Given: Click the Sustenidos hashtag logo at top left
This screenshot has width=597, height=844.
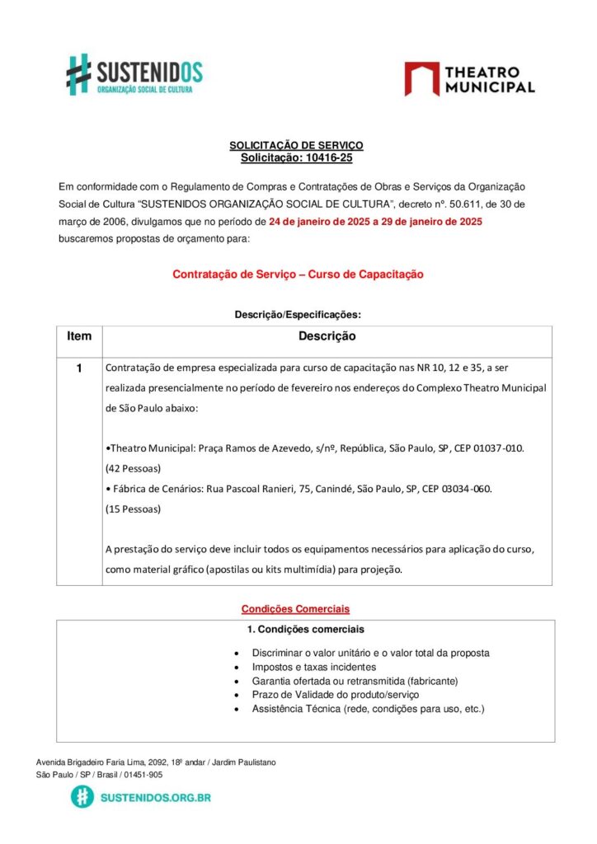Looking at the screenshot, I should pyautogui.click(x=79, y=73).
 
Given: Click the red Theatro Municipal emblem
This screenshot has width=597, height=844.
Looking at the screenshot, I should pyautogui.click(x=421, y=78).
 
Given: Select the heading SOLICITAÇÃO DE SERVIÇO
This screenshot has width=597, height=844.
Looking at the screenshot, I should pyautogui.click(x=295, y=145).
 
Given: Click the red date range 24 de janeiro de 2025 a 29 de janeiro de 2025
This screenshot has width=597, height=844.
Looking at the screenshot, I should pyautogui.click(x=375, y=222).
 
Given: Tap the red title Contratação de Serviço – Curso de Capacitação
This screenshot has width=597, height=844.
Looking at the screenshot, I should pyautogui.click(x=298, y=274).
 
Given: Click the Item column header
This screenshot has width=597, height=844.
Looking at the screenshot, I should pyautogui.click(x=79, y=336).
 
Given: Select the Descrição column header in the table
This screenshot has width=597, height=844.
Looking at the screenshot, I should pyautogui.click(x=327, y=336).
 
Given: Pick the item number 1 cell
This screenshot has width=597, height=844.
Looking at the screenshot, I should pyautogui.click(x=79, y=368).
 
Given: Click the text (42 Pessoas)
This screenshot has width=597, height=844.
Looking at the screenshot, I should pyautogui.click(x=133, y=468).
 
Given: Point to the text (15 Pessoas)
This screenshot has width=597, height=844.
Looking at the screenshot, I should pyautogui.click(x=133, y=509).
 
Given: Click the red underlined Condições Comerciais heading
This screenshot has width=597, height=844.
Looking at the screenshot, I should pyautogui.click(x=294, y=609).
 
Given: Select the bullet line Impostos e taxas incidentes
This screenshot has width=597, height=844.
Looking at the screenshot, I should pyautogui.click(x=313, y=667).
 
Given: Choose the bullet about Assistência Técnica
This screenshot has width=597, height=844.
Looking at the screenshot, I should pyautogui.click(x=368, y=709).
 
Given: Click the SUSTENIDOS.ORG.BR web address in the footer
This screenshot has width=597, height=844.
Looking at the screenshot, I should pyautogui.click(x=155, y=798).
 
